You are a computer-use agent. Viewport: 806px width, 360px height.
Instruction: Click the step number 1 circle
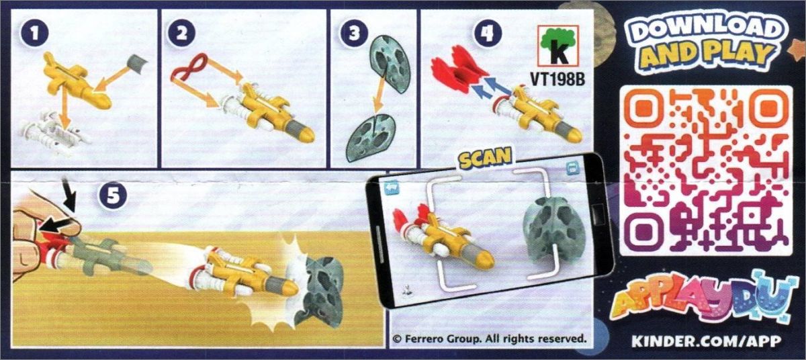pyautogui.click(x=34, y=34)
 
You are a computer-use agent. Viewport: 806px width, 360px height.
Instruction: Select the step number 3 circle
pyautogui.click(x=354, y=34)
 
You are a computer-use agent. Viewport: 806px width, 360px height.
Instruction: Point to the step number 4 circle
pyautogui.click(x=488, y=34)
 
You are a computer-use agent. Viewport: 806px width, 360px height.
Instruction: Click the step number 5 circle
pyautogui.click(x=113, y=197)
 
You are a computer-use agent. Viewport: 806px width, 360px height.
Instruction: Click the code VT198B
pyautogui.click(x=557, y=79)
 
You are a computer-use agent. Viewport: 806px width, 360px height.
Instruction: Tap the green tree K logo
pyautogui.click(x=558, y=46)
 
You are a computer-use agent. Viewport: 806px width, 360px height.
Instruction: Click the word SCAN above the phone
pyautogui.click(x=485, y=158)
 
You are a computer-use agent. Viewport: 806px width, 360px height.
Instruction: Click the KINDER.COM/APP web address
pyautogui.click(x=707, y=341)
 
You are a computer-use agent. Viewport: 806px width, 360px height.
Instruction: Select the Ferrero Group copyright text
pyautogui.click(x=490, y=339)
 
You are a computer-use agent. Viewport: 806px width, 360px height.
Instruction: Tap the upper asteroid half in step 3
pyautogui.click(x=390, y=63)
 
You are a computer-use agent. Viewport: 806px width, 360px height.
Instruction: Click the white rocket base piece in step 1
pyautogui.click(x=54, y=134)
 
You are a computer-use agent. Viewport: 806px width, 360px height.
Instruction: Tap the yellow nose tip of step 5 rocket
pyautogui.click(x=290, y=288)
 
